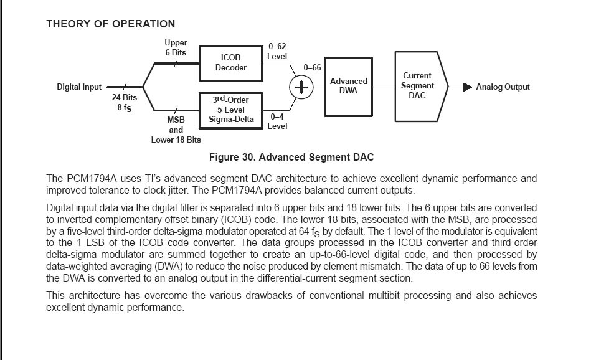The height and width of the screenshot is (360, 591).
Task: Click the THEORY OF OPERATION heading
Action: pyautogui.click(x=110, y=24)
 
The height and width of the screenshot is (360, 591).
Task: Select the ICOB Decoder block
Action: pyautogui.click(x=231, y=63)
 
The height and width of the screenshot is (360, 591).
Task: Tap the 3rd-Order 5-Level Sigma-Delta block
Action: pyautogui.click(x=231, y=110)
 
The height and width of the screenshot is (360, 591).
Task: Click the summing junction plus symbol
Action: pyautogui.click(x=301, y=88)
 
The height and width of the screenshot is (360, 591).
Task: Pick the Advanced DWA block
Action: pyautogui.click(x=349, y=86)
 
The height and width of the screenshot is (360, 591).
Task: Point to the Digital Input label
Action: pyautogui.click(x=79, y=87)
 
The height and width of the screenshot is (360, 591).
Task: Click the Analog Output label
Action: pyautogui.click(x=503, y=87)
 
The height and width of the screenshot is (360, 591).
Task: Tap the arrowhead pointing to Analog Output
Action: pyautogui.click(x=468, y=87)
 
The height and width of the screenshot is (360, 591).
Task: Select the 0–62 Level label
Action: pyautogui.click(x=277, y=52)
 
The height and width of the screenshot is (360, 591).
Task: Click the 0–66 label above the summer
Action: pyautogui.click(x=312, y=67)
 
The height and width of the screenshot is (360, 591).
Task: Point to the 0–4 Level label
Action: pyautogui.click(x=277, y=121)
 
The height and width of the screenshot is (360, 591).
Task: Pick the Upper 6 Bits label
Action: pyautogui.click(x=176, y=48)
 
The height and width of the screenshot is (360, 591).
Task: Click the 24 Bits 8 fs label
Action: pyautogui.click(x=125, y=102)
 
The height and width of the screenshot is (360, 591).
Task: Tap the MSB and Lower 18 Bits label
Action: pyautogui.click(x=176, y=130)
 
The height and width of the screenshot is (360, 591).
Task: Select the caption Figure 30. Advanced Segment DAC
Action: pyautogui.click(x=291, y=157)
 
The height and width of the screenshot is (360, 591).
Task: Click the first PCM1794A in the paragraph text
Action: pyautogui.click(x=91, y=179)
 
